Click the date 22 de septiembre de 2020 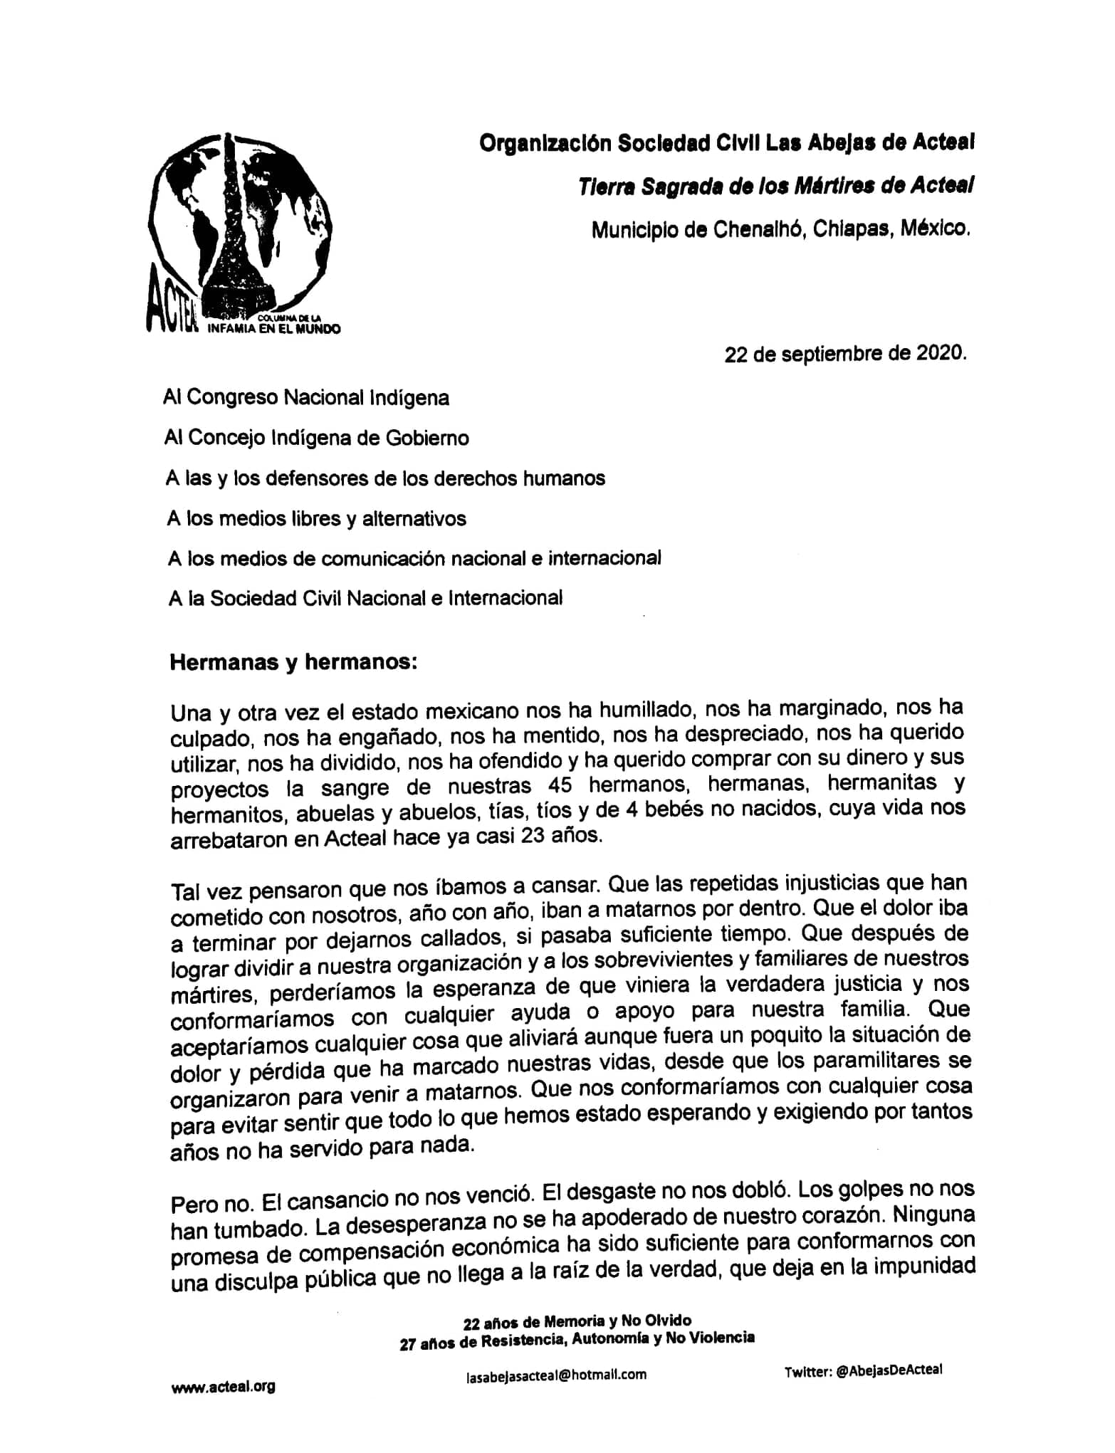point(845,354)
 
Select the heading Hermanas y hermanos point(293,662)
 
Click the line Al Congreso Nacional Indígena point(306,397)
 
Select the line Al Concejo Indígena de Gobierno point(316,438)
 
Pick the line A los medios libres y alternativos point(316,519)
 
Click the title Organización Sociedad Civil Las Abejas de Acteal point(726,143)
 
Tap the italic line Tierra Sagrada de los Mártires point(775,187)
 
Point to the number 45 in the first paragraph point(562,785)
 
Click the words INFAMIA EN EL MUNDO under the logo point(273,329)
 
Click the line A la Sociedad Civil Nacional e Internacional point(365,599)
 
